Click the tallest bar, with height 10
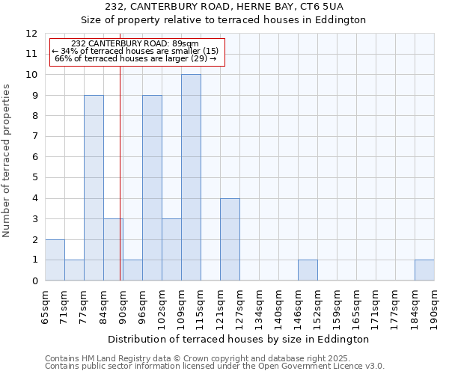[x=191, y=177]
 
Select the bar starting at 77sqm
[x=94, y=188]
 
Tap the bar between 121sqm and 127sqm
[x=230, y=239]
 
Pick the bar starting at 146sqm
[x=308, y=270]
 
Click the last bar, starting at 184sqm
[x=424, y=270]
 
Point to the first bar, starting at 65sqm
[x=55, y=260]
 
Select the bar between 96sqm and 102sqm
[x=152, y=188]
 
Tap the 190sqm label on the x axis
[x=435, y=306]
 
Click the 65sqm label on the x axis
[x=46, y=306]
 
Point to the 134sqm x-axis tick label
[x=260, y=306]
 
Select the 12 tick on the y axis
[x=31, y=34]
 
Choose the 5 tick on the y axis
[x=34, y=177]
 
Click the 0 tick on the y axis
[x=34, y=280]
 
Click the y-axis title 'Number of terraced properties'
[x=7, y=161]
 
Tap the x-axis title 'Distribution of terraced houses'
[x=239, y=339]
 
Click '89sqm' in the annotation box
[x=184, y=44]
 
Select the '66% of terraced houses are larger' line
[x=135, y=58]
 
